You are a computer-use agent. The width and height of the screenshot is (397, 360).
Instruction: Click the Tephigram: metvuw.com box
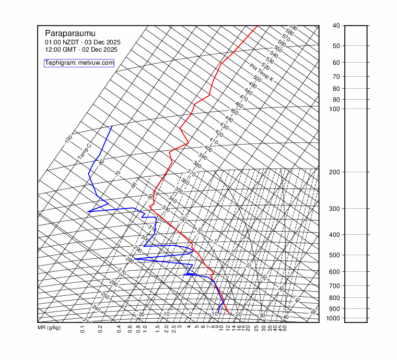[79, 63]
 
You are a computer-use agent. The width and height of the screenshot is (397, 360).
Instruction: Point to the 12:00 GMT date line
[81, 50]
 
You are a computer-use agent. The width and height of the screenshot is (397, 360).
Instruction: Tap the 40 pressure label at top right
[336, 26]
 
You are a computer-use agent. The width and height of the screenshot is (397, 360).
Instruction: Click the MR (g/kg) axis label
[49, 328]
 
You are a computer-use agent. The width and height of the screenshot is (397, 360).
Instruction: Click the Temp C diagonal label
[84, 151]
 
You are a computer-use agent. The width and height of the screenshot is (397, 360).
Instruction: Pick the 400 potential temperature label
[208, 149]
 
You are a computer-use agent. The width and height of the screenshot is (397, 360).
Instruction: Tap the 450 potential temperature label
[234, 112]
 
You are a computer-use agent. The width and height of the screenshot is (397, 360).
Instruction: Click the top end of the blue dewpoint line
[112, 126]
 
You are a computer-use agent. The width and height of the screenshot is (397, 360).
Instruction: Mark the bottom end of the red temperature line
[229, 313]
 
